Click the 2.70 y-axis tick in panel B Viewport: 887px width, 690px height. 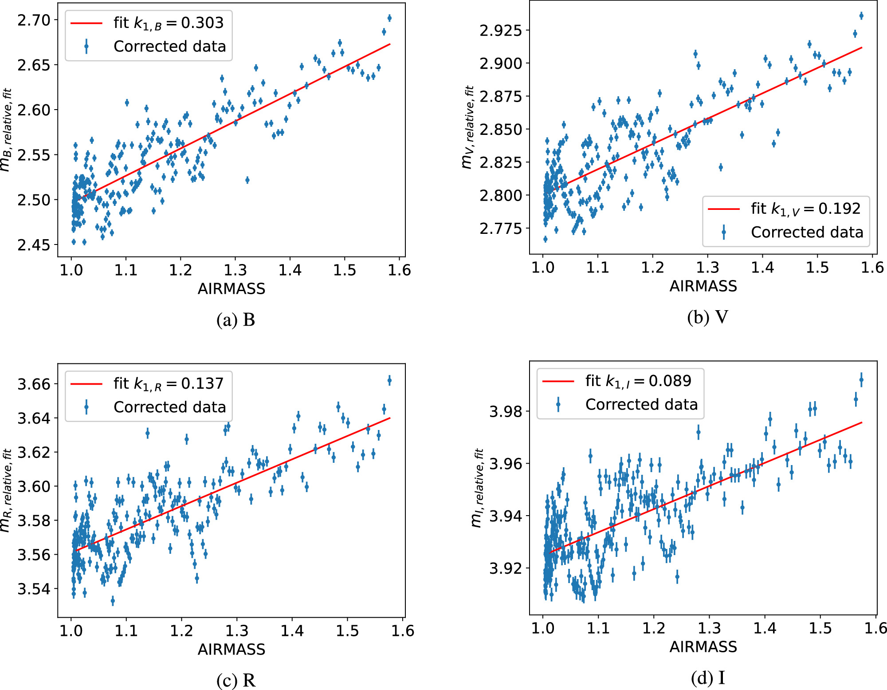click(x=34, y=20)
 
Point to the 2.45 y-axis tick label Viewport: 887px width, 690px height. click(x=34, y=245)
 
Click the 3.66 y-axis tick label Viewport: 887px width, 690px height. click(x=34, y=384)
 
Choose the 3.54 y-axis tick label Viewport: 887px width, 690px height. click(x=34, y=589)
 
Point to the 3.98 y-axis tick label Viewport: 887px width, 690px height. click(x=506, y=412)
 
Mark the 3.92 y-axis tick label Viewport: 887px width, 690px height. click(x=506, y=568)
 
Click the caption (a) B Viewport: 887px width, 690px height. click(x=235, y=320)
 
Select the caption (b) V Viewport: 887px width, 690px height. click(x=707, y=317)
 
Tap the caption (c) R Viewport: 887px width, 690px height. click(x=235, y=680)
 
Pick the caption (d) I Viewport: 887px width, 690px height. click(x=707, y=678)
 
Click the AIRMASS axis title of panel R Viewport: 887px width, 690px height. click(x=232, y=650)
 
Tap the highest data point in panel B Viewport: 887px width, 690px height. click(x=389, y=18)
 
